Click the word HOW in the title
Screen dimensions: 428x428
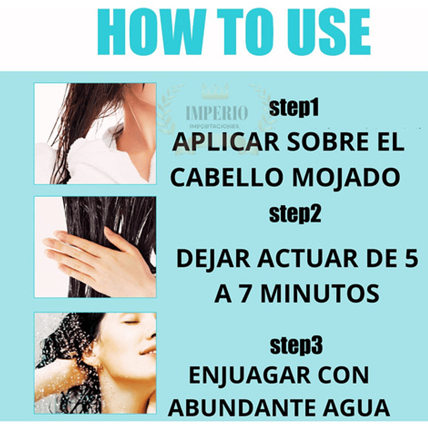[x=151, y=32]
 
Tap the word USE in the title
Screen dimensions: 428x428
[x=329, y=32]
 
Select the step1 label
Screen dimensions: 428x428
[x=294, y=108]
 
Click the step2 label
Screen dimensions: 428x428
[x=295, y=214]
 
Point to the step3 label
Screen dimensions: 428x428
[x=296, y=346]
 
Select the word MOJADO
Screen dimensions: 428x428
[x=346, y=177]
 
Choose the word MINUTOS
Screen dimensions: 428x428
[x=320, y=293]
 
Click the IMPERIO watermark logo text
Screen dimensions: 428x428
[x=217, y=113]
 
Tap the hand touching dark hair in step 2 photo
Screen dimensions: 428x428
[x=99, y=258]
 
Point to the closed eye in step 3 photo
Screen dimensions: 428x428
[x=132, y=323]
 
